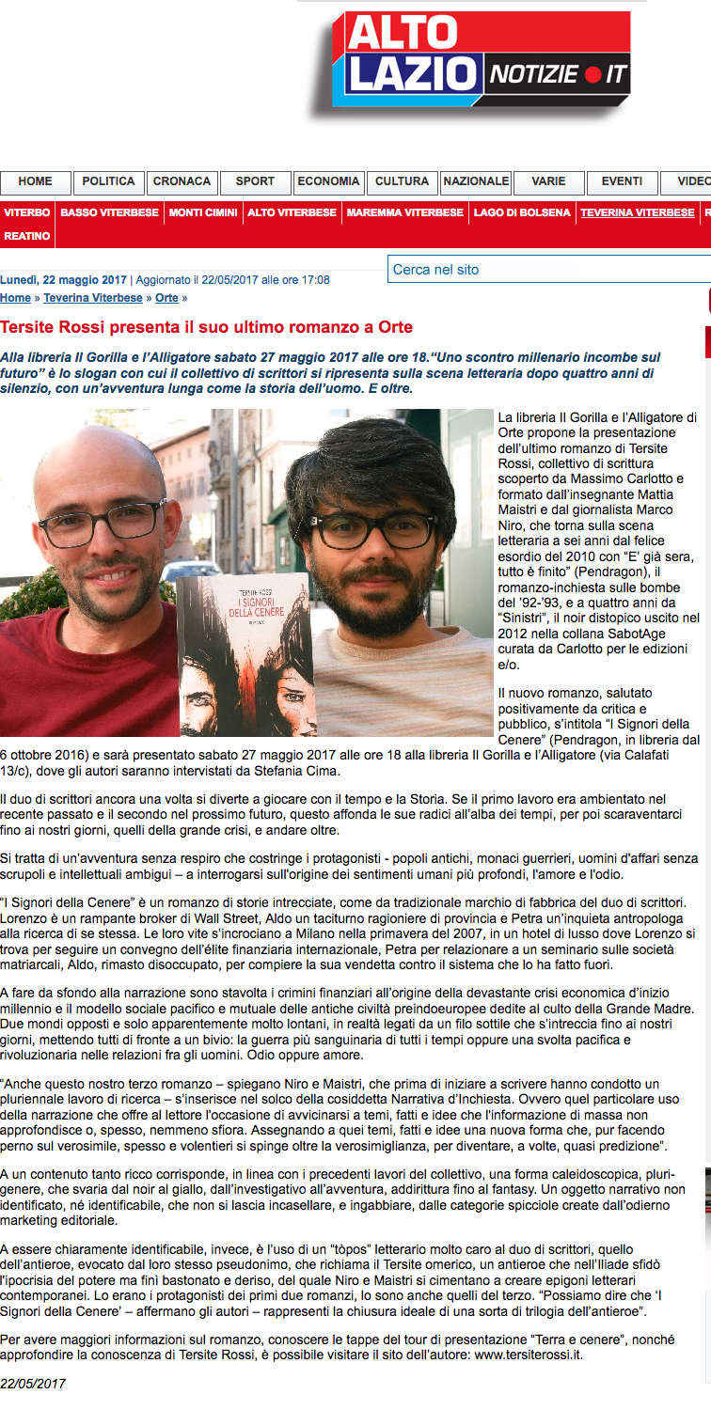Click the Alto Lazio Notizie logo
(485, 58)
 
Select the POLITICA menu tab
(108, 181)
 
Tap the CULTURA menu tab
(402, 181)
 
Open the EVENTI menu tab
(622, 181)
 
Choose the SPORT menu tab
(255, 181)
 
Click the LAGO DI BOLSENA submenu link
(522, 212)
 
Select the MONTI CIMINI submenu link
(203, 212)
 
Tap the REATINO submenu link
(27, 236)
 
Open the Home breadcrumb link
(15, 298)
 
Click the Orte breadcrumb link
(166, 298)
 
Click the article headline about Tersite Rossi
(206, 327)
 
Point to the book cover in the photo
(245, 655)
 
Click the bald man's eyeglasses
(101, 524)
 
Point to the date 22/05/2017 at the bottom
(33, 1384)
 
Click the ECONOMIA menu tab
(328, 181)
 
